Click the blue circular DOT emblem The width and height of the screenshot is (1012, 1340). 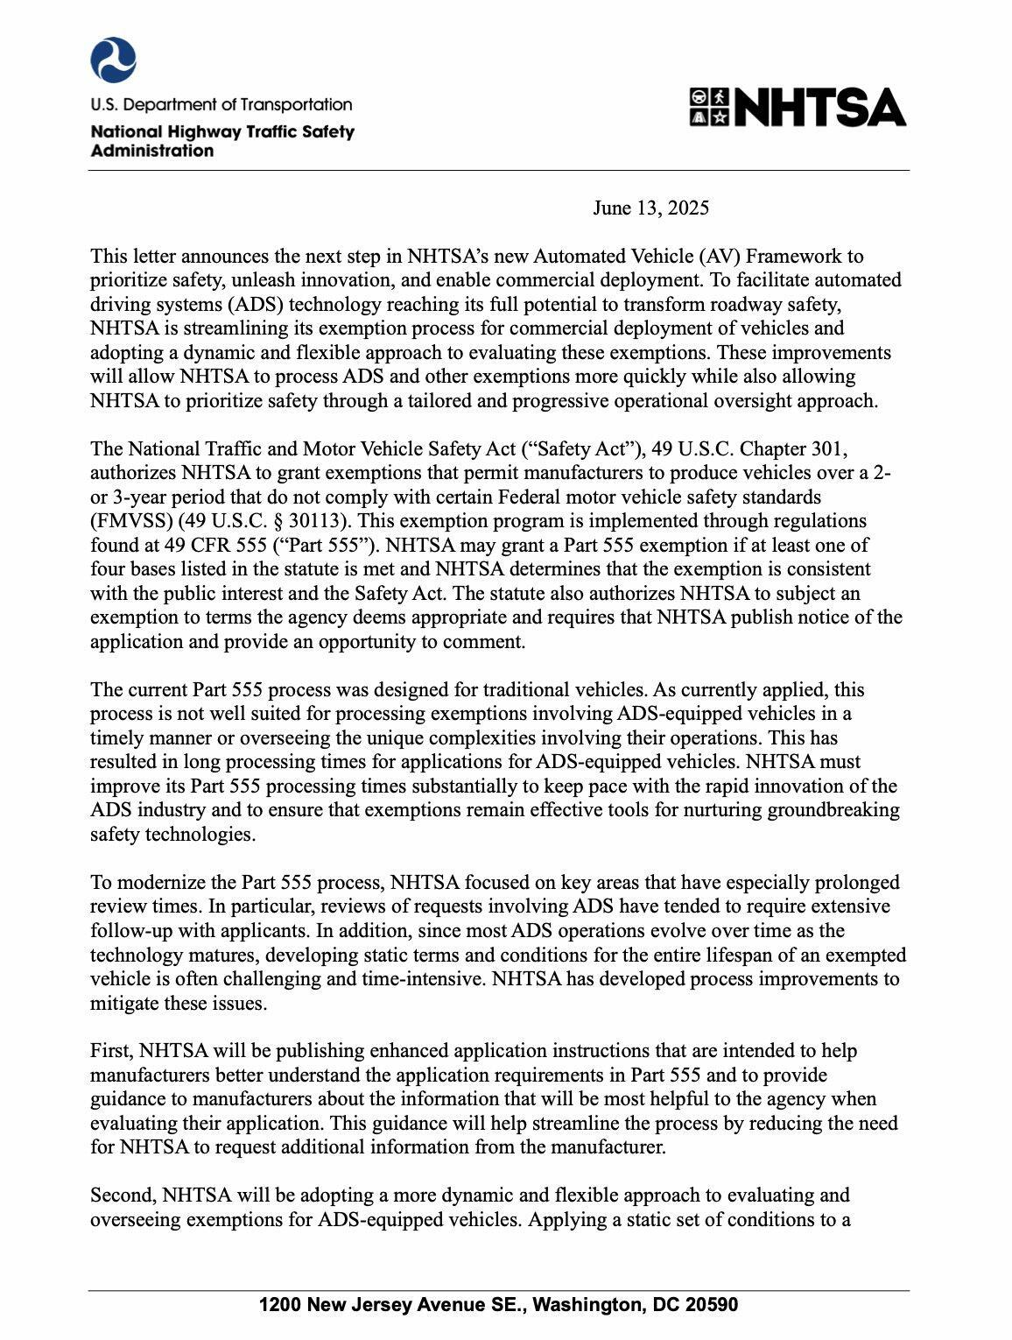tap(113, 60)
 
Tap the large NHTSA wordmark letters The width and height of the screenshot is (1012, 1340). tap(819, 108)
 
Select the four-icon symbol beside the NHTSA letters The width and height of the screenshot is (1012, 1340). tap(709, 108)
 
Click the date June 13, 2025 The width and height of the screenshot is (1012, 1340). tap(650, 208)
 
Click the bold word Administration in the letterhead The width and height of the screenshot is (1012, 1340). tap(152, 151)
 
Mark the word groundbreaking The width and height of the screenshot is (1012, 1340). tap(833, 810)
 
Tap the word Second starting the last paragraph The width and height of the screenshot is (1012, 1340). tap(123, 1195)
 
